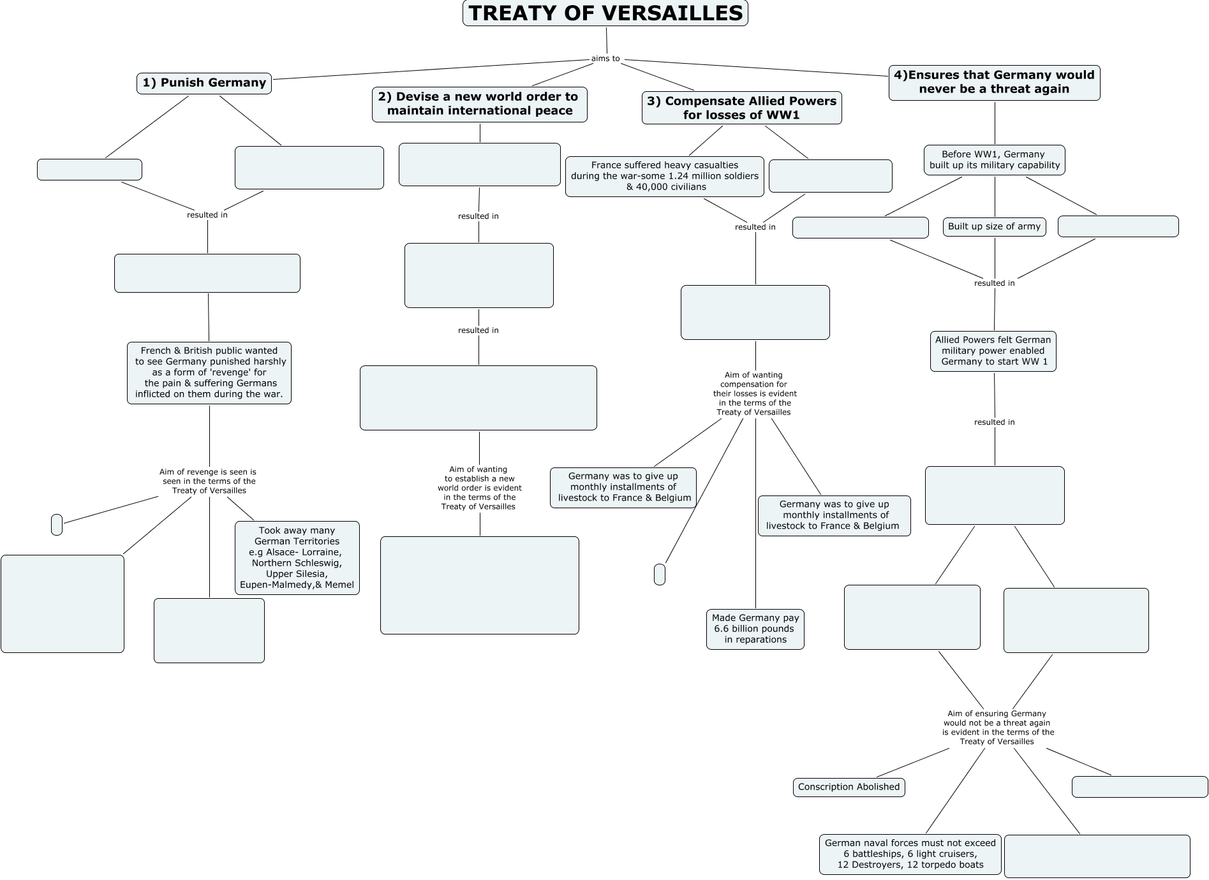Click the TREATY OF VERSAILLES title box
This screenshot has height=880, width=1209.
click(605, 13)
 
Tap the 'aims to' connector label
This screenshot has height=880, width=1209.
click(605, 59)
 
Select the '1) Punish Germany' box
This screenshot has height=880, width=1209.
click(204, 83)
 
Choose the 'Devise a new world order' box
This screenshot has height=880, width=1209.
click(479, 104)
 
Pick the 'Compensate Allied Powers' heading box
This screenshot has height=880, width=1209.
click(741, 108)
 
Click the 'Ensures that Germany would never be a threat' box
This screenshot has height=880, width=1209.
click(994, 82)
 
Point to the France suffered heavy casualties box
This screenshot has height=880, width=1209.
click(664, 176)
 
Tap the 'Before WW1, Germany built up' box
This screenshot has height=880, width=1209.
click(994, 159)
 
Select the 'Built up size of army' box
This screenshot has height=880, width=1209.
click(994, 226)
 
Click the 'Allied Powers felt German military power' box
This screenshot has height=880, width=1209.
click(993, 351)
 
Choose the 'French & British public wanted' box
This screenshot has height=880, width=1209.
click(209, 372)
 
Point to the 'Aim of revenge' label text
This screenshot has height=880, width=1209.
click(209, 481)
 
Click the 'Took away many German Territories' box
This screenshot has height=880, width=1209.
click(297, 558)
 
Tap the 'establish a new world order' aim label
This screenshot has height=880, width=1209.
click(479, 488)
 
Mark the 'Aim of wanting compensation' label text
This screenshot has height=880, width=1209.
click(754, 393)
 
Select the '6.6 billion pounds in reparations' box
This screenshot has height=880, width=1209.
click(755, 629)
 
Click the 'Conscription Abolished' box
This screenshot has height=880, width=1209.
click(849, 787)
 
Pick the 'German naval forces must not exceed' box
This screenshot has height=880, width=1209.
click(910, 854)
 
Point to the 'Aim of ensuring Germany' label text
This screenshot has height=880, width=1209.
click(997, 728)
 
